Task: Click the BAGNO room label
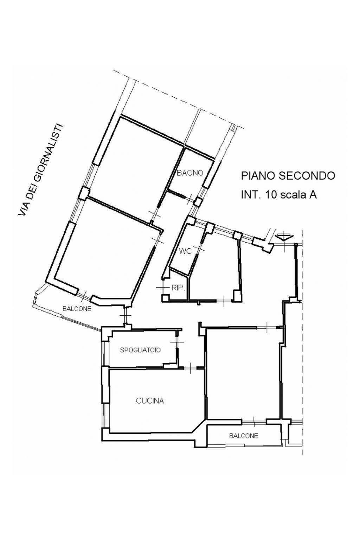tap(190, 173)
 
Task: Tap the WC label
tap(185, 251)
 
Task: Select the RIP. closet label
tap(178, 288)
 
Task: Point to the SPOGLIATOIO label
tap(140, 350)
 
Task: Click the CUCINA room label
tap(150, 401)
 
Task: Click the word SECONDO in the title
tap(307, 176)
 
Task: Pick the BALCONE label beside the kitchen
tap(244, 436)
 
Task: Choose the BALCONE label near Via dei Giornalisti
tap(77, 309)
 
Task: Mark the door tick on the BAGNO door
tap(190, 198)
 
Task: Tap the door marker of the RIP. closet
tap(162, 287)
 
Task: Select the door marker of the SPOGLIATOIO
tap(177, 342)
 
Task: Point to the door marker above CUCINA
tap(191, 368)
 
